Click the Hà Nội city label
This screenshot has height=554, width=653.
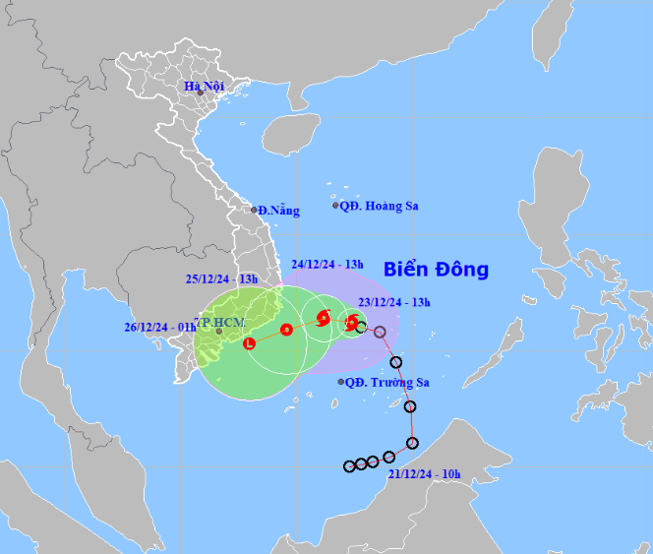pyautogui.click(x=205, y=87)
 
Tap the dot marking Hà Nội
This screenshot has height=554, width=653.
pyautogui.click(x=200, y=93)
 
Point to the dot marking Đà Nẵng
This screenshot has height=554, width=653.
pyautogui.click(x=254, y=210)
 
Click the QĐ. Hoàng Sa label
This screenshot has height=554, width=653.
pyautogui.click(x=380, y=206)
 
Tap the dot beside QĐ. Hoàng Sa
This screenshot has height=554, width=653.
pyautogui.click(x=335, y=206)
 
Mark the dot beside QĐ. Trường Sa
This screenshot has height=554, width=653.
pyautogui.click(x=341, y=382)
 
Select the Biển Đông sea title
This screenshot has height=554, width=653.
pyautogui.click(x=436, y=270)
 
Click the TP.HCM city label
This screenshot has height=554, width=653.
pyautogui.click(x=218, y=322)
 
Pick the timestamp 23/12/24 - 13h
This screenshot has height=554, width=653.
pyautogui.click(x=392, y=302)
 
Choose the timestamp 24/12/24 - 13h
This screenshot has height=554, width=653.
pyautogui.click(x=327, y=264)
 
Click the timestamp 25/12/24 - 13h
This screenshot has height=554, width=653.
pyautogui.click(x=221, y=278)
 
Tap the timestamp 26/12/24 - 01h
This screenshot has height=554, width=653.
pyautogui.click(x=159, y=328)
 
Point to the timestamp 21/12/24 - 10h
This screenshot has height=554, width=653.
pyautogui.click(x=424, y=474)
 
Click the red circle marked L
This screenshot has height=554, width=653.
pyautogui.click(x=249, y=343)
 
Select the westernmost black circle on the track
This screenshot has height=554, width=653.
pyautogui.click(x=349, y=465)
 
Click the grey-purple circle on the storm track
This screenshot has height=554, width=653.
pyautogui.click(x=380, y=332)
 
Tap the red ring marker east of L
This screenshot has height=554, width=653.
pyautogui.click(x=286, y=330)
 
